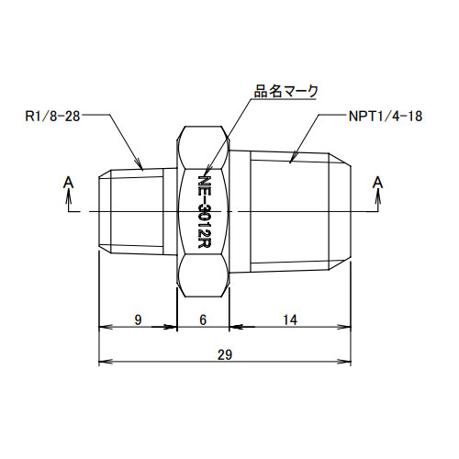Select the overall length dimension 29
point(226,353)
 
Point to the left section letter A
point(68,184)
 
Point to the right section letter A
point(376,184)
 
